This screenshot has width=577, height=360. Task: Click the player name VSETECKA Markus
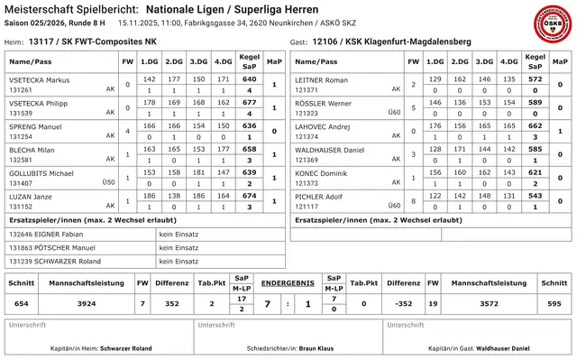click(39, 80)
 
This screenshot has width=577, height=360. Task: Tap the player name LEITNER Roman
click(322, 80)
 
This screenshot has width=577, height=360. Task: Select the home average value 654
click(22, 304)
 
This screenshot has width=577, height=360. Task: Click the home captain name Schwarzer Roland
click(126, 347)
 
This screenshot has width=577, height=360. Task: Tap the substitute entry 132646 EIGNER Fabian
click(41, 234)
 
